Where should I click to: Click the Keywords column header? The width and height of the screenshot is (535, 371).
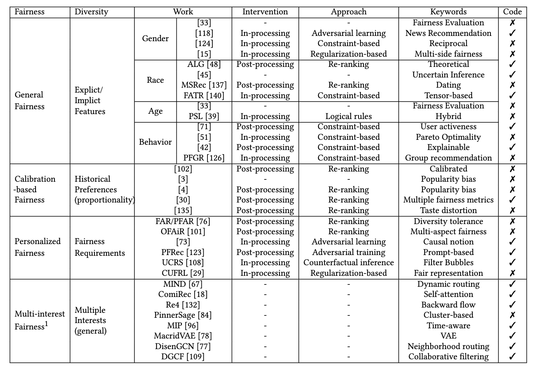point(448,12)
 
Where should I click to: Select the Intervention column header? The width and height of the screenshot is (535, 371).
point(265,12)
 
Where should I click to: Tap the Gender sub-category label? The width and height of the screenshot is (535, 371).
point(155,39)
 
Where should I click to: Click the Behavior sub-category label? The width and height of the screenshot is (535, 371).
point(155,142)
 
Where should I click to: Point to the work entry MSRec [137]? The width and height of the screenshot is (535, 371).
point(204,85)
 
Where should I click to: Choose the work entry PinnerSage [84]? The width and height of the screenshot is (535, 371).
point(182,315)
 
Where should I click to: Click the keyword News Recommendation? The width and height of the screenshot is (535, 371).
point(448,33)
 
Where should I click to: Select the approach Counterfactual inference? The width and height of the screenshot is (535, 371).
point(348,263)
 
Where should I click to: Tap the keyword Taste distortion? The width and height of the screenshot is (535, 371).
point(448,210)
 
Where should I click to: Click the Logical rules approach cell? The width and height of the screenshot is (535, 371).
point(348,116)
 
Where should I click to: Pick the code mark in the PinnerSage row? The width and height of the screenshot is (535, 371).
point(512,315)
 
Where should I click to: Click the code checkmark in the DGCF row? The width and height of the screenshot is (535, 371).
point(512,356)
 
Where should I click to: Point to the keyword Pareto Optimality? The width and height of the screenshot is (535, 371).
point(448,137)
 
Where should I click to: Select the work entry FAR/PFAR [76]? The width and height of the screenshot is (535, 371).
point(182,221)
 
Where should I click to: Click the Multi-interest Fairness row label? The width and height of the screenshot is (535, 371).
point(39,320)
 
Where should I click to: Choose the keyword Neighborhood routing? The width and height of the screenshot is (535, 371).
point(448,346)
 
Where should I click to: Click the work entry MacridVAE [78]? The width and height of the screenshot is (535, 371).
point(182,336)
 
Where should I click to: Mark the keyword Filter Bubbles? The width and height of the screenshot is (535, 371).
point(448,263)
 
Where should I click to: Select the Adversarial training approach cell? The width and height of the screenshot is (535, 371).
point(348,252)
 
